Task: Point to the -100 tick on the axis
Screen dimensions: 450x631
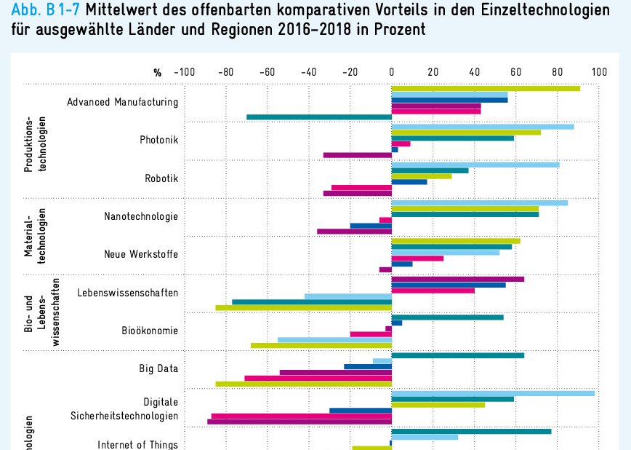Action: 185,73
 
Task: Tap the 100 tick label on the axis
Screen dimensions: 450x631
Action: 599,73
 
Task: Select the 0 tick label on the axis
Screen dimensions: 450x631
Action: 392,73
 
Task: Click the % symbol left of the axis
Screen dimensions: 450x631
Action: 157,73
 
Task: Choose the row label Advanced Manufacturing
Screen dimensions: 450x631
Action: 122,102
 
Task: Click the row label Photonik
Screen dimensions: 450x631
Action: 158,140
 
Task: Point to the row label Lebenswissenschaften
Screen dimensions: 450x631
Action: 127,293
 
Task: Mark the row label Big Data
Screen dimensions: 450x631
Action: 158,368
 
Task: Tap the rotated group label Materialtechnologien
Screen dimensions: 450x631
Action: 35,234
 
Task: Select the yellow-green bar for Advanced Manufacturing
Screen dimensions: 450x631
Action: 486,88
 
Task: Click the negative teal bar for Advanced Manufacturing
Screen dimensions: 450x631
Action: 319,117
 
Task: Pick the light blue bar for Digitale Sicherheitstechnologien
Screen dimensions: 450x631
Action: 493,393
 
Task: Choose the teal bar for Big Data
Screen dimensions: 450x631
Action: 458,355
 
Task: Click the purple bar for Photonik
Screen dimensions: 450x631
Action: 358,155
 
